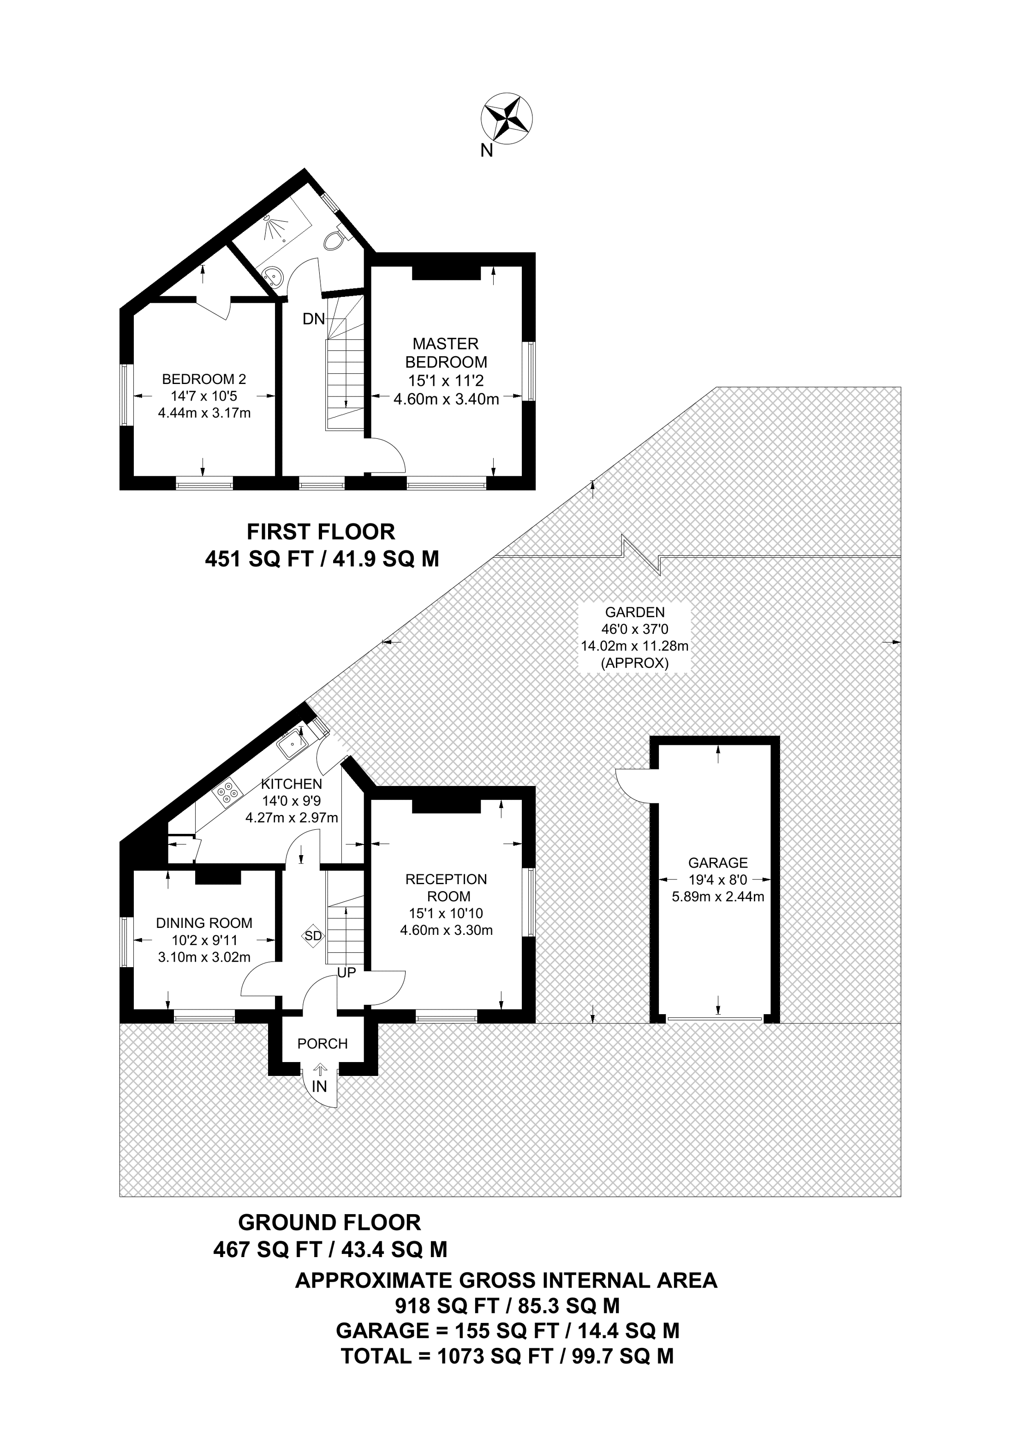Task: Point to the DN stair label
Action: click(314, 319)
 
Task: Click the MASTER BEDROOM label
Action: click(446, 353)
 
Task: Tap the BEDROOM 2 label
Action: click(204, 379)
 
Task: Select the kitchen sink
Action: click(292, 744)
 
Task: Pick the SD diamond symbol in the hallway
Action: click(313, 936)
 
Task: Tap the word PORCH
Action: click(322, 1044)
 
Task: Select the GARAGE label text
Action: click(718, 863)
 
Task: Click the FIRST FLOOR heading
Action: click(321, 532)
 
